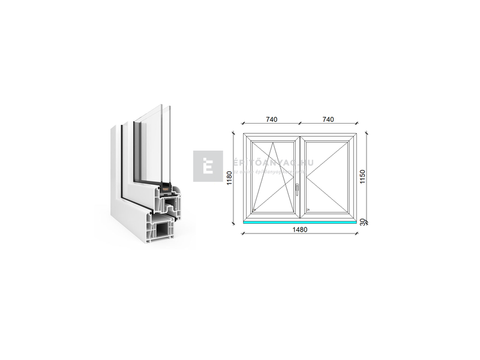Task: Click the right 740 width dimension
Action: [x=328, y=119]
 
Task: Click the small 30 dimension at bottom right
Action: [x=363, y=221]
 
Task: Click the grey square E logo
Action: [x=208, y=166]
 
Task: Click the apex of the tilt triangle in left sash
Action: [x=273, y=143]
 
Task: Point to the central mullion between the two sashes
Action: [x=300, y=177]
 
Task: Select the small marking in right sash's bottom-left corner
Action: [x=308, y=209]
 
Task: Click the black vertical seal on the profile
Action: [x=122, y=162]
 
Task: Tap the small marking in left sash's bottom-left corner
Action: [x=254, y=209]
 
